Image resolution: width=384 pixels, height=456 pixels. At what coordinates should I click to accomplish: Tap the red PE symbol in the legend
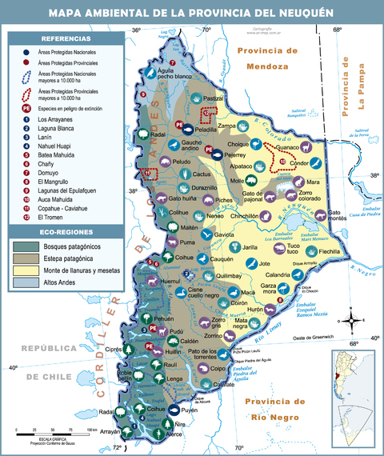coord(26,107)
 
